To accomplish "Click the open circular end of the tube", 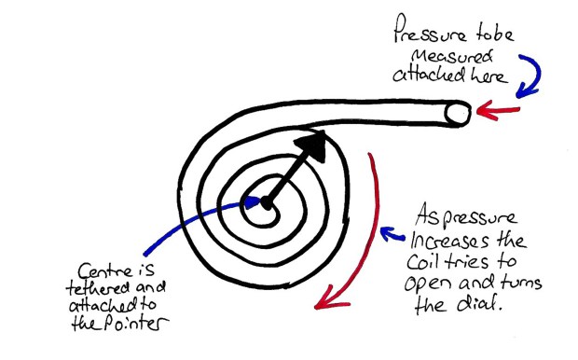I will pyautogui.click(x=456, y=113).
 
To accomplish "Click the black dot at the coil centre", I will pyautogui.click(x=265, y=202).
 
